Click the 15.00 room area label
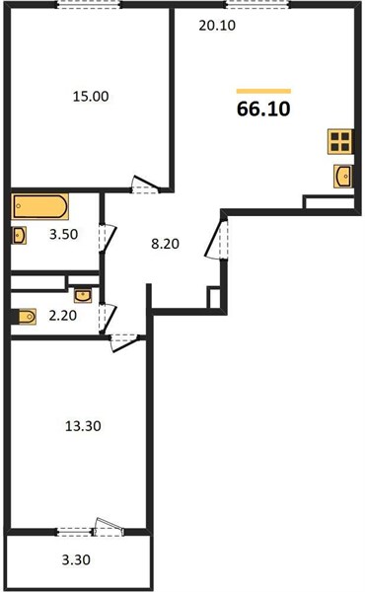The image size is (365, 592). click(x=91, y=97)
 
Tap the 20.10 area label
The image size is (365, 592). click(x=217, y=26)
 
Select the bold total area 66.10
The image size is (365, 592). click(x=263, y=109)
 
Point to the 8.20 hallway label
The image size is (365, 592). click(x=165, y=244)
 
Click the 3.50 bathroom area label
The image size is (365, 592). click(x=63, y=234)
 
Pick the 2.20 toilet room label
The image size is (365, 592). click(x=63, y=316)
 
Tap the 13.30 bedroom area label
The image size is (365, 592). click(x=83, y=426)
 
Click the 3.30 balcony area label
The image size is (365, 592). click(x=76, y=559)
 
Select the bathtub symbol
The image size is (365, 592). click(x=39, y=206)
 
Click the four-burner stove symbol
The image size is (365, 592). click(x=340, y=141)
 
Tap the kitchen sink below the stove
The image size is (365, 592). click(x=342, y=176)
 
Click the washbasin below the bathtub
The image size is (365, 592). click(x=19, y=236)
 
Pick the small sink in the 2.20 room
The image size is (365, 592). click(x=83, y=296)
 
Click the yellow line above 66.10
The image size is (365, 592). click(x=263, y=91)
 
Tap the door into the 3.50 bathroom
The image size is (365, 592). click(x=108, y=238)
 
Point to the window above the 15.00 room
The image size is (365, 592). click(x=89, y=5)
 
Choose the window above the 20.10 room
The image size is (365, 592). click(x=257, y=5)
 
